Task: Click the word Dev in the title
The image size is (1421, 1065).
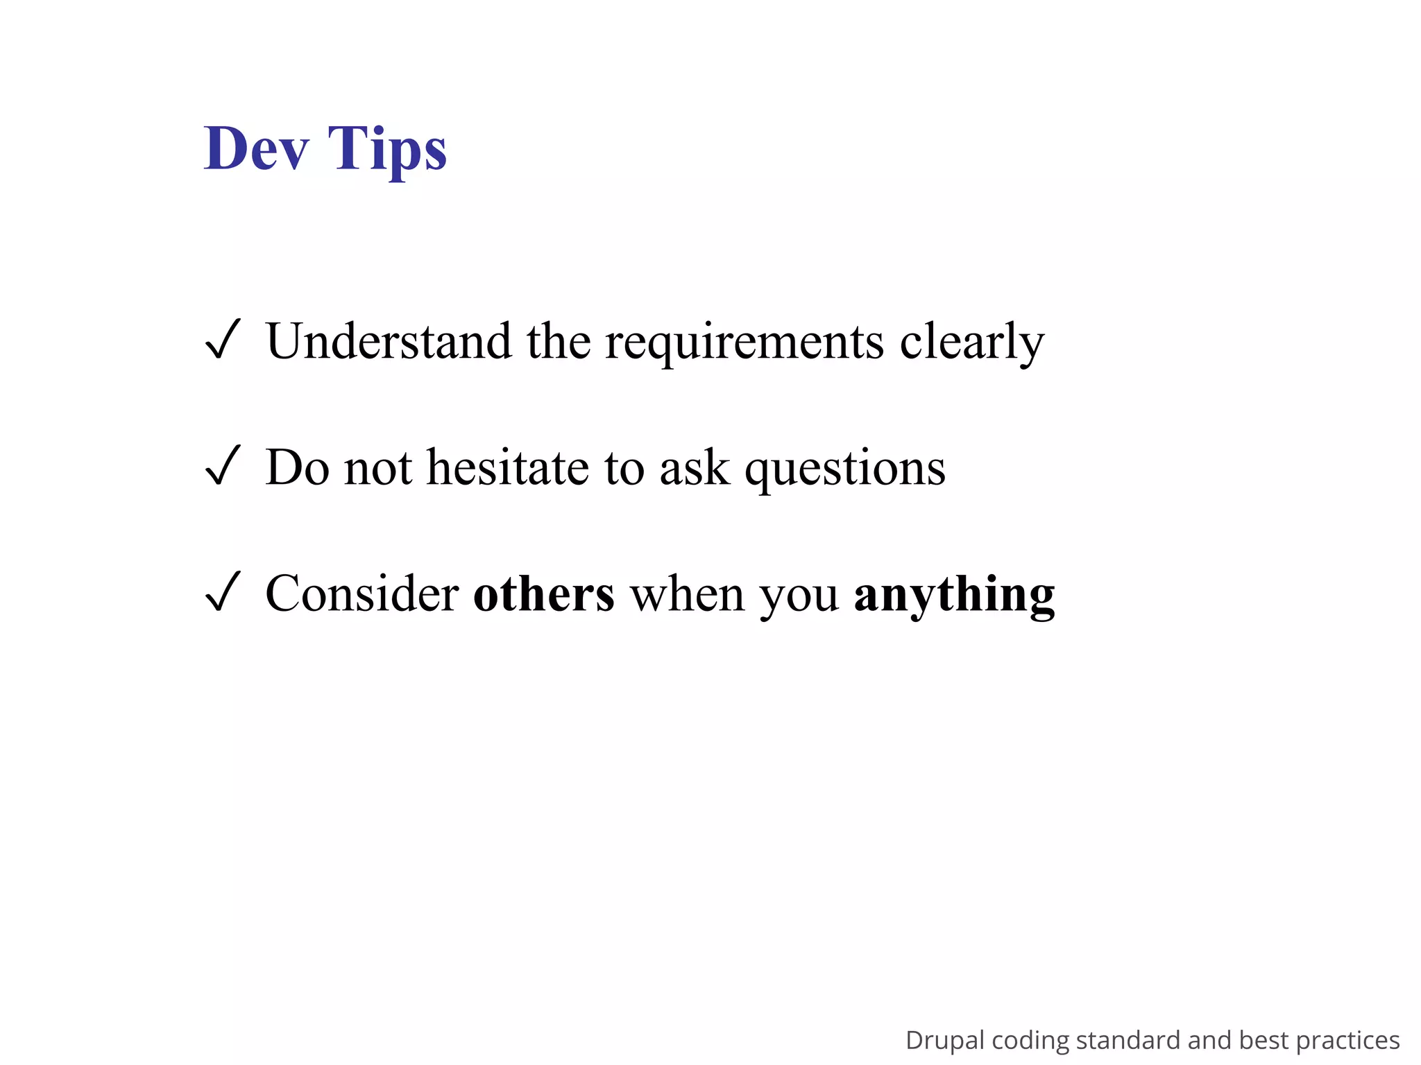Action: [x=256, y=148]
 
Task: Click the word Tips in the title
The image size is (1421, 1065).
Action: [x=387, y=150]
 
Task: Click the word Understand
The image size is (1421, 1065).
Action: [x=389, y=341]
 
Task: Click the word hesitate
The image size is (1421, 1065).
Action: [x=507, y=467]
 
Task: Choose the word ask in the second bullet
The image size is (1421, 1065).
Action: [x=695, y=467]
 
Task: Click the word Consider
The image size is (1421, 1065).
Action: [x=361, y=594]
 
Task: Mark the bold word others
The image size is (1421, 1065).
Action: [x=543, y=594]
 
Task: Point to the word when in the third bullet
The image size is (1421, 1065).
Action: [x=687, y=594]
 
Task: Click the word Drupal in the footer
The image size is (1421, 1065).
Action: [x=944, y=1041]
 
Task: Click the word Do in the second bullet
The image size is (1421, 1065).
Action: [x=297, y=467]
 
